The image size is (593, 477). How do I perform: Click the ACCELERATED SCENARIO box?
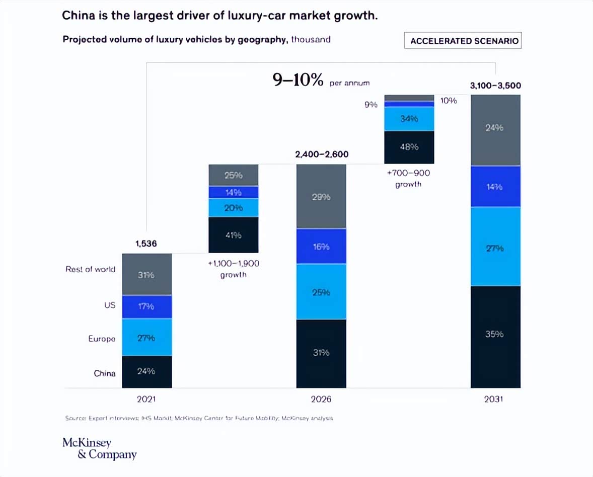pos(463,41)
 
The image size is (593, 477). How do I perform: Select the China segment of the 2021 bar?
pos(146,371)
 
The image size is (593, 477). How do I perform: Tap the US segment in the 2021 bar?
pos(146,306)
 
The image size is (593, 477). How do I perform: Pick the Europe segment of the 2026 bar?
pos(321,292)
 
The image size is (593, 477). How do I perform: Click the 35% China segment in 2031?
pos(495,334)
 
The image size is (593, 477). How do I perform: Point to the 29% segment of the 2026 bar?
pos(321,197)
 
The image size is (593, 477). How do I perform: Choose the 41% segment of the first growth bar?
pos(233,235)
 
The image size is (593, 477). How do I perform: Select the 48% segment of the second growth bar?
pos(409,147)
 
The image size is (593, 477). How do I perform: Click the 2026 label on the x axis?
pos(321,400)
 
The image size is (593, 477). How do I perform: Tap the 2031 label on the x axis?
pos(495,400)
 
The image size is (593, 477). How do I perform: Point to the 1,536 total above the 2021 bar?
pos(146,244)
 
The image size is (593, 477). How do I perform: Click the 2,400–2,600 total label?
pos(322,154)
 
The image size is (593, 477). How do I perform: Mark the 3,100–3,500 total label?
pos(495,86)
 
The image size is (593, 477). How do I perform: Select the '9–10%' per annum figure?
pos(298,80)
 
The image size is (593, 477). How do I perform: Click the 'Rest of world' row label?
pos(90,269)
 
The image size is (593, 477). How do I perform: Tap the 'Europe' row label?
pos(102,339)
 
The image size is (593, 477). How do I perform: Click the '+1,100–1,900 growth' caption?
pos(233,269)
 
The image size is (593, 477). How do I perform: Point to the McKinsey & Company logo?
pos(99,449)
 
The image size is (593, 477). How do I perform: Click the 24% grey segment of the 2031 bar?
pos(495,128)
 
